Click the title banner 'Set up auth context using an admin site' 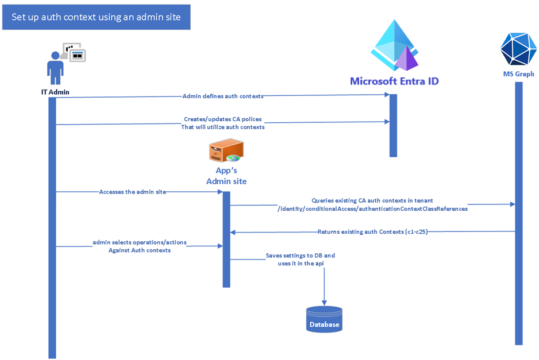96,17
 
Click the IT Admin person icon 56,67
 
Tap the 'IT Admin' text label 55,92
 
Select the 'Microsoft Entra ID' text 394,81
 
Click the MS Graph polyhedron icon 518,48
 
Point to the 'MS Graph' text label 518,74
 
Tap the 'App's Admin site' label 226,176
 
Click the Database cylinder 325,319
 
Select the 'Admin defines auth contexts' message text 223,96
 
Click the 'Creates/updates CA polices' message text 223,119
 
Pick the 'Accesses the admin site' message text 133,192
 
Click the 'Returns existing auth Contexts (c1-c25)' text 372,232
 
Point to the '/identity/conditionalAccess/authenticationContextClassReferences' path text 372,209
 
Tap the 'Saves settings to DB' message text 300,255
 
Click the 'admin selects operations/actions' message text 140,243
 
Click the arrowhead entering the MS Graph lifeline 511,204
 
